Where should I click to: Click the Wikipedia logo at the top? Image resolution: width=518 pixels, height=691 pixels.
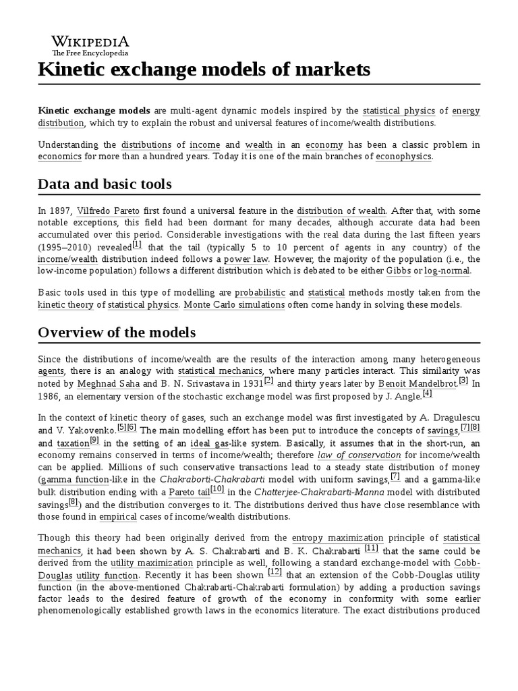pyautogui.click(x=82, y=45)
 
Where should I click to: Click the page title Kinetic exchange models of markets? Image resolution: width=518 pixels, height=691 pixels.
pyautogui.click(x=204, y=70)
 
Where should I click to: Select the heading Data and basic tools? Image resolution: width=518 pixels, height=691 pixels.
pyautogui.click(x=105, y=184)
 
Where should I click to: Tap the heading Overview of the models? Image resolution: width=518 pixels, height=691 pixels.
pyautogui.click(x=117, y=332)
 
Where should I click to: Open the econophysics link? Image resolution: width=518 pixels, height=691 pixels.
pyautogui.click(x=403, y=157)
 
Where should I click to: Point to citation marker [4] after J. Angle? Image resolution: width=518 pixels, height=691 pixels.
pyautogui.click(x=427, y=393)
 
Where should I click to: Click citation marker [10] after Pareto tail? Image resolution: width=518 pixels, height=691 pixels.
pyautogui.click(x=217, y=488)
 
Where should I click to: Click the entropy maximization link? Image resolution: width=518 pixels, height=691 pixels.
pyautogui.click(x=338, y=538)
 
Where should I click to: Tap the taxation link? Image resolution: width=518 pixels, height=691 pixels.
pyautogui.click(x=72, y=443)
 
